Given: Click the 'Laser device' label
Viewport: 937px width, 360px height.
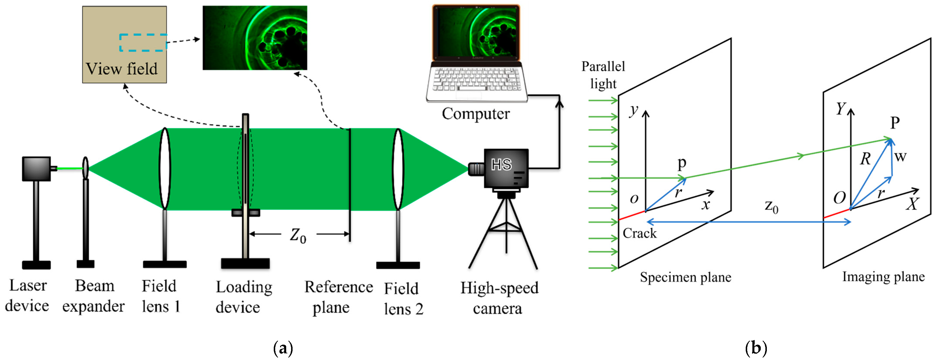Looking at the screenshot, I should [27, 295].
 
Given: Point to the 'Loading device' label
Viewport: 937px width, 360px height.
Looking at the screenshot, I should [243, 297].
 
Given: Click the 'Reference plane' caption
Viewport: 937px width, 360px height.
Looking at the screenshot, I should [338, 297].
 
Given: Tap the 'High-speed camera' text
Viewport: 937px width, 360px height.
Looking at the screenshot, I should [499, 297].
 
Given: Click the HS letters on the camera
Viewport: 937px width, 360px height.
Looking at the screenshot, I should [501, 165].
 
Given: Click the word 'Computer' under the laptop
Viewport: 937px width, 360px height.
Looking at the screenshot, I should [476, 113].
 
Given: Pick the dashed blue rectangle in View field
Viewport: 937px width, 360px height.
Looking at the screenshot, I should [143, 43].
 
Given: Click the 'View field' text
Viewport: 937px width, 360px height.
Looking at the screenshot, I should [122, 69].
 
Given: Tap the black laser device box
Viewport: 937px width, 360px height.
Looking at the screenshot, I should [36, 169].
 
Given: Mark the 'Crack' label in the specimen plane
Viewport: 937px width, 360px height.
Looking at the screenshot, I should [640, 233].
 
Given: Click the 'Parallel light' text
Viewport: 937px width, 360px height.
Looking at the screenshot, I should [603, 75].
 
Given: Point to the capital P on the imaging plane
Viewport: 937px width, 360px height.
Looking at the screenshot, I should [895, 123].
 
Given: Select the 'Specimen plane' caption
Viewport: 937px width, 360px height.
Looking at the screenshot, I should [685, 277].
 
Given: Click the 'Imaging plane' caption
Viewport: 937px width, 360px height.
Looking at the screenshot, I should [883, 277].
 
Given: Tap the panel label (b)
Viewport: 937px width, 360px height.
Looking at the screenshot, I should [756, 348].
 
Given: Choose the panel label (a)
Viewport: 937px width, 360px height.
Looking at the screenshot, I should [283, 348].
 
